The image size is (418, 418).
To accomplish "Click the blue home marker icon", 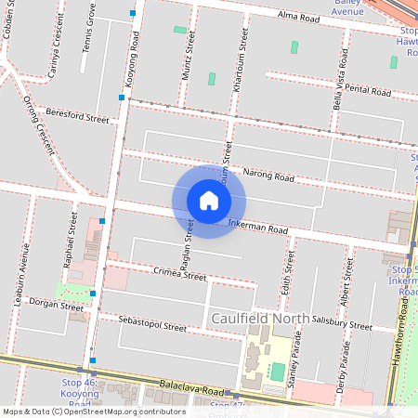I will coord(209,201).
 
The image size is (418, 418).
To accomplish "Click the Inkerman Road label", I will coord(258,228).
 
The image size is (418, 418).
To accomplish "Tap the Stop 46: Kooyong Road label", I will coord(79,393).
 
